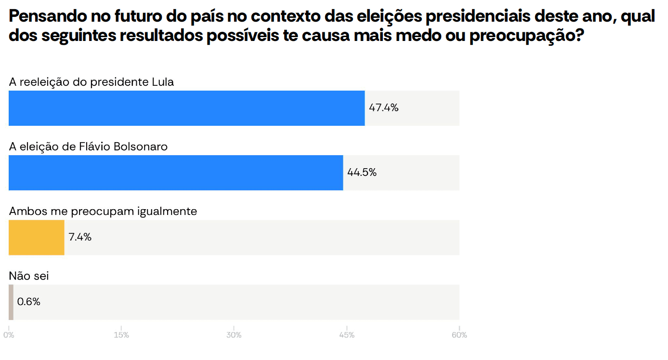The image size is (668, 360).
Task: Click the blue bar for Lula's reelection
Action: [186, 108]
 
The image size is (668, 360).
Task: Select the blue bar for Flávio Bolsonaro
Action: [176, 173]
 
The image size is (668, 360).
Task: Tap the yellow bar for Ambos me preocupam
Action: [37, 237]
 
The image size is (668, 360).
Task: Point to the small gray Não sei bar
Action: [11, 302]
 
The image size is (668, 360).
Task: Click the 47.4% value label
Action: [383, 108]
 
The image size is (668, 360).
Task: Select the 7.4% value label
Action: [80, 237]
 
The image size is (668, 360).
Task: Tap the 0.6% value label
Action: [29, 302]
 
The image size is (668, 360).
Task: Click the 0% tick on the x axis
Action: [9, 335]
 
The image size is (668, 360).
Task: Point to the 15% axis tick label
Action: [121, 335]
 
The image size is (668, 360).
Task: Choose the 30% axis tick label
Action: [234, 335]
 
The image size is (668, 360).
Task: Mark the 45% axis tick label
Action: [347, 335]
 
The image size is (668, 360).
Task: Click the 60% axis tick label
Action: [459, 335]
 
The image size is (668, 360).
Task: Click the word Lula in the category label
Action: [163, 82]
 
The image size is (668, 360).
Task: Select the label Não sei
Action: [29, 276]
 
